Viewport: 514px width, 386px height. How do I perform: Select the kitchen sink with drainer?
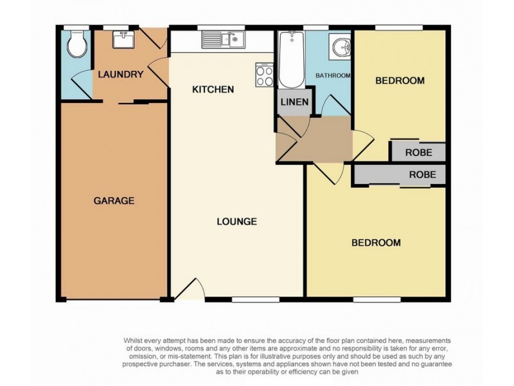[x=222, y=40]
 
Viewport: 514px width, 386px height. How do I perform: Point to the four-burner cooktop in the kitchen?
[x=264, y=76]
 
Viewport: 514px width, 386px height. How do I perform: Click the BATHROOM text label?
[x=333, y=76]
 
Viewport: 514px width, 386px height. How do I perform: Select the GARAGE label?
[x=114, y=200]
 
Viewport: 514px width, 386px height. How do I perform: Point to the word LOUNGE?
[x=236, y=221]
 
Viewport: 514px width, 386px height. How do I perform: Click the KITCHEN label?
[x=213, y=89]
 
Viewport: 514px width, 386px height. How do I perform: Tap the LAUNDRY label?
[x=120, y=74]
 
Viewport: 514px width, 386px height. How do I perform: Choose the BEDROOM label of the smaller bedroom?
[x=400, y=80]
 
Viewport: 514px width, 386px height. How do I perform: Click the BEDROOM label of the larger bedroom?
[x=376, y=243]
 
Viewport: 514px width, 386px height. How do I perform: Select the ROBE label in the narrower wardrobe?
[x=418, y=152]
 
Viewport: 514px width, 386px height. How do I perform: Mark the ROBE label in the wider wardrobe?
[x=422, y=174]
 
